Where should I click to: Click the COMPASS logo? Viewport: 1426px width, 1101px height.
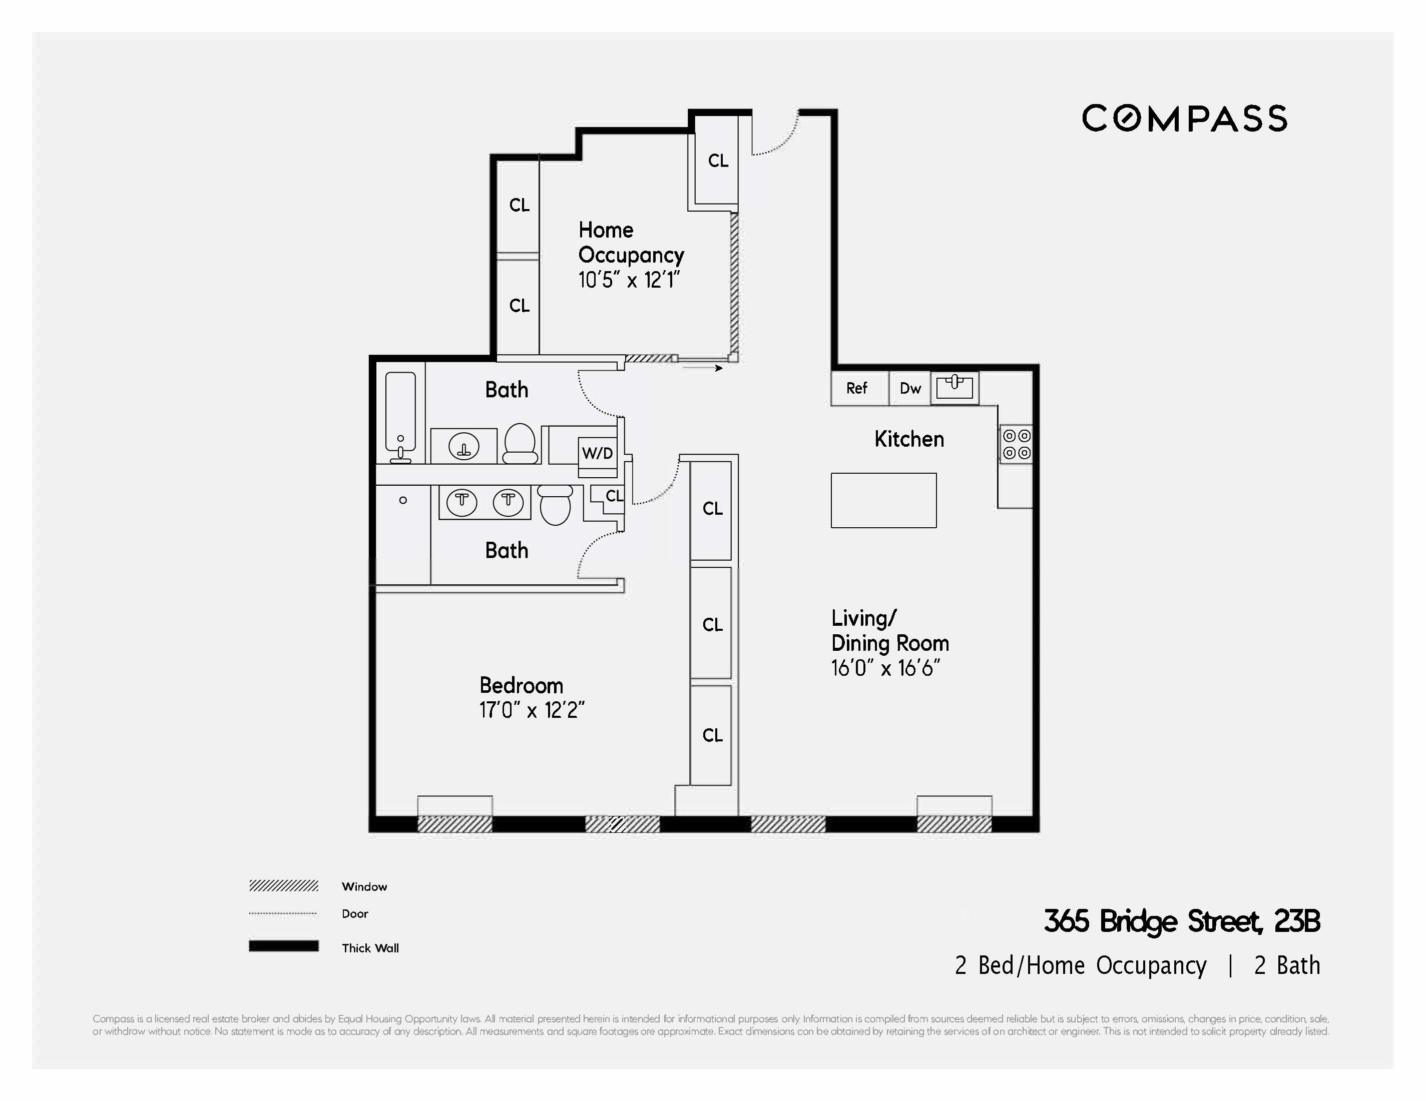point(1184,119)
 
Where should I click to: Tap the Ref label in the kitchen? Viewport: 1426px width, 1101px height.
point(856,388)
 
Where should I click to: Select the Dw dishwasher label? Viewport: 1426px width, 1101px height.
point(909,388)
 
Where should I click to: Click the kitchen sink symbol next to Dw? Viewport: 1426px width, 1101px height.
point(954,387)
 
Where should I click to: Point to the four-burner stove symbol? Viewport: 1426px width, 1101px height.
point(1017,444)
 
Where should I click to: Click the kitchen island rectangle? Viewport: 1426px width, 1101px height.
point(883,500)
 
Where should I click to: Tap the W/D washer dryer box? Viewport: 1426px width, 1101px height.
point(598,453)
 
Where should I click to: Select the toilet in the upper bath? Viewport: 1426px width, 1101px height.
point(521,443)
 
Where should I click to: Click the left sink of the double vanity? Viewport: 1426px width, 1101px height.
point(461,502)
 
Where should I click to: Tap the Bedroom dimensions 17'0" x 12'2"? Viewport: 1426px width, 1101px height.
point(532,710)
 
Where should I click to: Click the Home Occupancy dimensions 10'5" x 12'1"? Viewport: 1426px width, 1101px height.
point(629,280)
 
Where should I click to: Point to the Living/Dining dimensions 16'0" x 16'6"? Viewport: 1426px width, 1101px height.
point(885,668)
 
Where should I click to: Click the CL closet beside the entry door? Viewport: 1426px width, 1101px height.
point(718,161)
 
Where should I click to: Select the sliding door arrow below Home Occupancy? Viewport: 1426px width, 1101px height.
point(703,368)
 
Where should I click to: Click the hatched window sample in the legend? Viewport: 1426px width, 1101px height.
point(283,885)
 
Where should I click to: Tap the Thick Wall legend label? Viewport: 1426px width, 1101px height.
point(369,947)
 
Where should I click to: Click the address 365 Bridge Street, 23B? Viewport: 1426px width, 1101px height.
point(1181,921)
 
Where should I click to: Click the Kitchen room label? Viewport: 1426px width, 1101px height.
point(909,439)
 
